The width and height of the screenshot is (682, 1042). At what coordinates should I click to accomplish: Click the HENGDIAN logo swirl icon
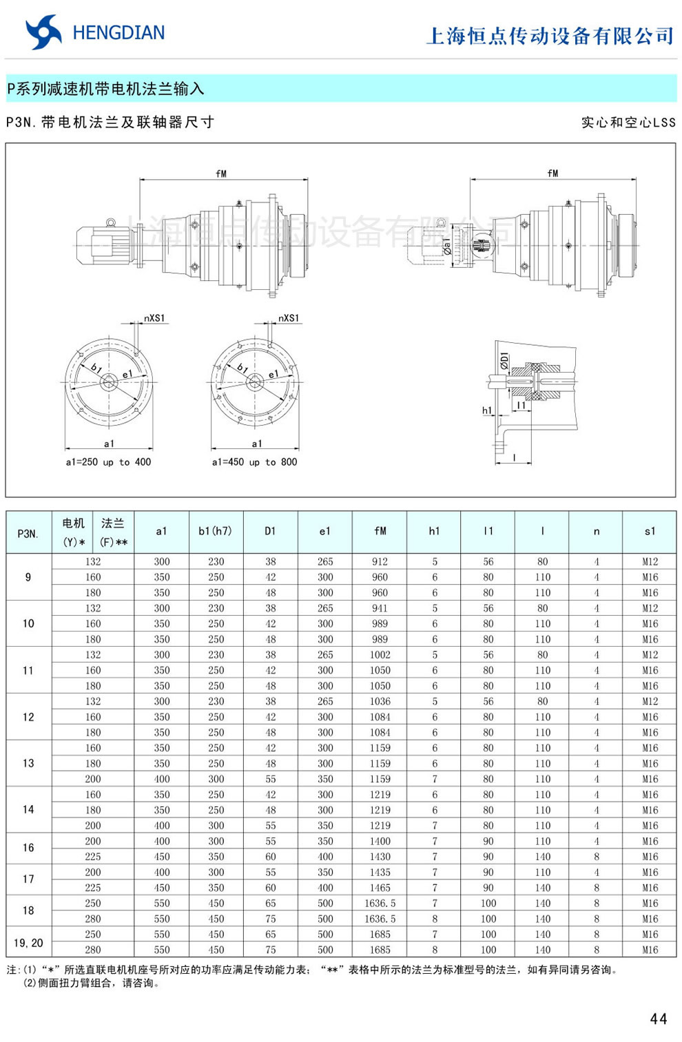[43, 32]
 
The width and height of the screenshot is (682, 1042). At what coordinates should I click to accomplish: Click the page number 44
[658, 1019]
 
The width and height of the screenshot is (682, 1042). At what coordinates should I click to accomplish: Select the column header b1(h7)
[216, 531]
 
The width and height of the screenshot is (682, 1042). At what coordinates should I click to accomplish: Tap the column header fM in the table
[380, 531]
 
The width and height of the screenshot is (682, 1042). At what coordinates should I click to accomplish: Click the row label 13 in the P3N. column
[28, 763]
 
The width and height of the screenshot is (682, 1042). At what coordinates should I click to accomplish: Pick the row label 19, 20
[28, 942]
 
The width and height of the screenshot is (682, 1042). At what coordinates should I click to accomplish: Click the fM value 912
[380, 561]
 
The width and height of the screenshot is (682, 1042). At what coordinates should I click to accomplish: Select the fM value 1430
[380, 857]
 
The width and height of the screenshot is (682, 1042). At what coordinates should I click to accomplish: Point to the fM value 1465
[380, 888]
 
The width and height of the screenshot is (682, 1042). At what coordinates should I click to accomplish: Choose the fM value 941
[380, 608]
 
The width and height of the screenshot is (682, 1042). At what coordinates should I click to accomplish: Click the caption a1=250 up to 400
[108, 462]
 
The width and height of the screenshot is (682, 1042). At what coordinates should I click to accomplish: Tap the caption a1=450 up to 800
[255, 462]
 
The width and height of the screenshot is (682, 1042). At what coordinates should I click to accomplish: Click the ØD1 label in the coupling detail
[505, 361]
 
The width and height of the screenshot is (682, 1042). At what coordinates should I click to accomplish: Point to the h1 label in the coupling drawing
[487, 410]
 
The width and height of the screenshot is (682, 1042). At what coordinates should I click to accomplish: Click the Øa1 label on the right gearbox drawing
[446, 244]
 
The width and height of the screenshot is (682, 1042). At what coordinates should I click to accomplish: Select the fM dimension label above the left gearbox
[221, 174]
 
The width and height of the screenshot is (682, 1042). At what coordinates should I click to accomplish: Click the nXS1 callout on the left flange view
[154, 318]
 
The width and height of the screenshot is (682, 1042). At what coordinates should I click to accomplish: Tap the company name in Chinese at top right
[550, 36]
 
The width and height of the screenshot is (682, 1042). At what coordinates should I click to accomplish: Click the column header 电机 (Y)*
[74, 532]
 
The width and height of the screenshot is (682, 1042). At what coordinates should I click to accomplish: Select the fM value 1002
[380, 655]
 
